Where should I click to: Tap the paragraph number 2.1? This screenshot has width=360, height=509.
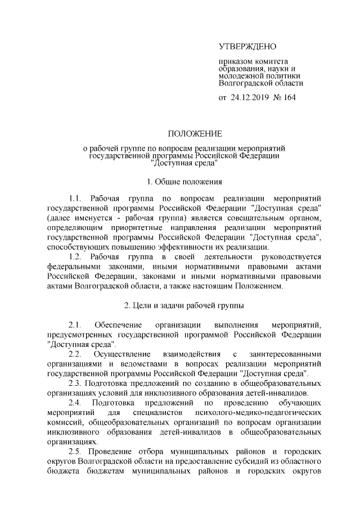point(75,325)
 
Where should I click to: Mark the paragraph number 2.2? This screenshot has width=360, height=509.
point(75,354)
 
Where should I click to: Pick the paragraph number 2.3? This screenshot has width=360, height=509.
point(75,384)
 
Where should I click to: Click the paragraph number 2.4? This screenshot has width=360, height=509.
point(75,403)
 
